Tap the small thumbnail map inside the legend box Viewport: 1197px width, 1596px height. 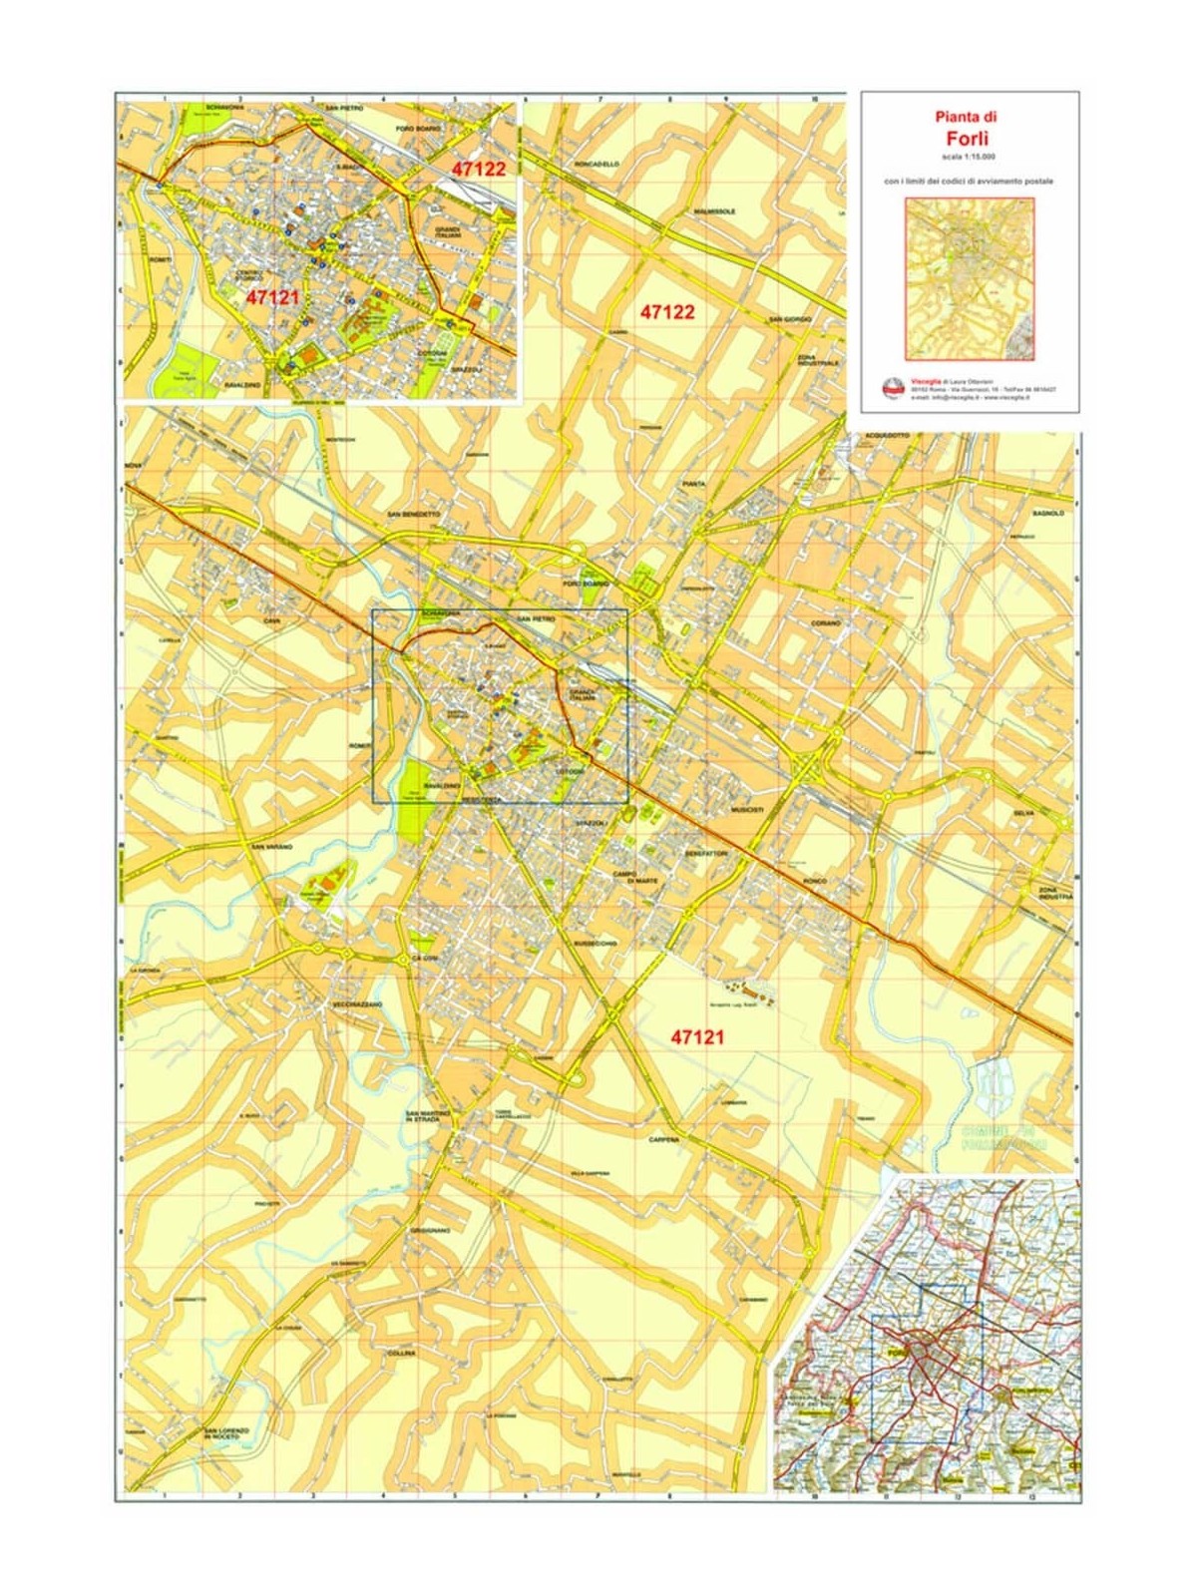(x=970, y=278)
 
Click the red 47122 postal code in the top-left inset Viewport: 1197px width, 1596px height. (x=479, y=169)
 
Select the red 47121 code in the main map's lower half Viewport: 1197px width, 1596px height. (x=697, y=1037)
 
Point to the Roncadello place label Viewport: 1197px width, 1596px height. (x=598, y=163)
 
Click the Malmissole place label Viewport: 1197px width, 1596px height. (x=714, y=211)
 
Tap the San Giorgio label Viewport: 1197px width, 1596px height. (x=789, y=319)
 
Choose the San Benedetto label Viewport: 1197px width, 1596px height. (x=413, y=515)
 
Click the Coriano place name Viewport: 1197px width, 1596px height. (x=826, y=622)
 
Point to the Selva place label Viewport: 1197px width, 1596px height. (x=1023, y=813)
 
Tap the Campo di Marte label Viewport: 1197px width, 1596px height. (x=631, y=877)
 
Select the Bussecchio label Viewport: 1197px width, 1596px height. (x=597, y=943)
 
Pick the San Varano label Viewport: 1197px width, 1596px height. (x=271, y=847)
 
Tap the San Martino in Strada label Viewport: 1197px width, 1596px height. (x=429, y=1116)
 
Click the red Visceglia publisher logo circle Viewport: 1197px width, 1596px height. (x=893, y=388)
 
